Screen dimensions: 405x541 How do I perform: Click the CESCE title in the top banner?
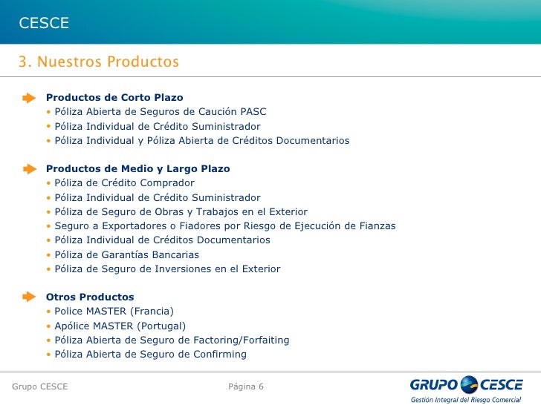tap(44, 24)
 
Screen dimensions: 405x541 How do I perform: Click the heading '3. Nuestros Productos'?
tap(99, 61)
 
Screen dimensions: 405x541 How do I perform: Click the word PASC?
tap(252, 112)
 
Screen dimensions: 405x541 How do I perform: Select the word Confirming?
tap(218, 355)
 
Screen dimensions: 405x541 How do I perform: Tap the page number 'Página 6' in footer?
tap(246, 387)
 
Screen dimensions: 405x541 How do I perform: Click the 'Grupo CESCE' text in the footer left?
tap(40, 387)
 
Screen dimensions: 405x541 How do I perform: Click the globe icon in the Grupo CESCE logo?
tap(470, 384)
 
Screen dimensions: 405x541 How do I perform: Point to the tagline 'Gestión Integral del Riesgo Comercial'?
tap(466, 399)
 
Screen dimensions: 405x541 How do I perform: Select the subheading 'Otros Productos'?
tap(90, 297)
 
